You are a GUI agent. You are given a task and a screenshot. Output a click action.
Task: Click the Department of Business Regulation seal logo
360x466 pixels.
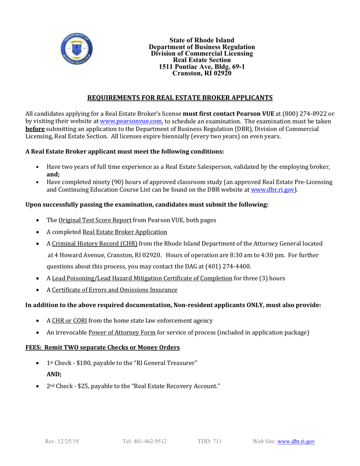(77, 50)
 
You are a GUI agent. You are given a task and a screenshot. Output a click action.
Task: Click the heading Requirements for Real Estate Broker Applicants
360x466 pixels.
(180, 98)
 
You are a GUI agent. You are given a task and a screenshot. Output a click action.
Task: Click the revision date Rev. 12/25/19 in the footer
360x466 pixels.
(62, 441)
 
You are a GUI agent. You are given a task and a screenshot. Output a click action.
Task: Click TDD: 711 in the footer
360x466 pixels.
(210, 441)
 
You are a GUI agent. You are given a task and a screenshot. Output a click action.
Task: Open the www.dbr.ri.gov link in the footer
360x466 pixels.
(296, 441)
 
